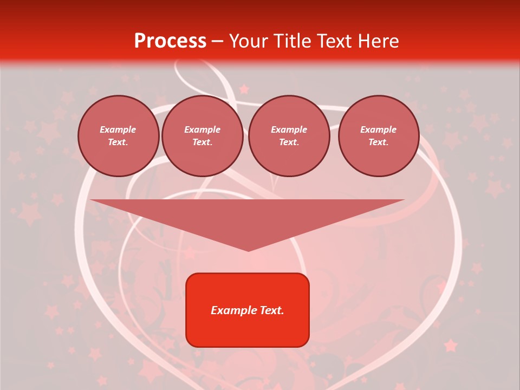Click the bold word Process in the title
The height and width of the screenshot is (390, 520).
170,41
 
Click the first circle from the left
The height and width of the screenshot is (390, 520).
118,136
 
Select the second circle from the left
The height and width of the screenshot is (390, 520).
202,136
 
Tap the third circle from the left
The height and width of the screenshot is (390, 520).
289,136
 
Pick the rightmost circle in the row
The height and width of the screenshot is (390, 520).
379,136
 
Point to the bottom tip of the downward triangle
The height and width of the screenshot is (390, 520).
248,250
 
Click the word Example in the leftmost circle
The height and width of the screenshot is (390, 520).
118,129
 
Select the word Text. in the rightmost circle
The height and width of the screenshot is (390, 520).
379,142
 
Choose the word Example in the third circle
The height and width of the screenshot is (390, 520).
289,129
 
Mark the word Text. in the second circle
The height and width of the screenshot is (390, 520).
202,142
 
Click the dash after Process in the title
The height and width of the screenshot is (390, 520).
218,41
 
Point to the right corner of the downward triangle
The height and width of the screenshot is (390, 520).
403,200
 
